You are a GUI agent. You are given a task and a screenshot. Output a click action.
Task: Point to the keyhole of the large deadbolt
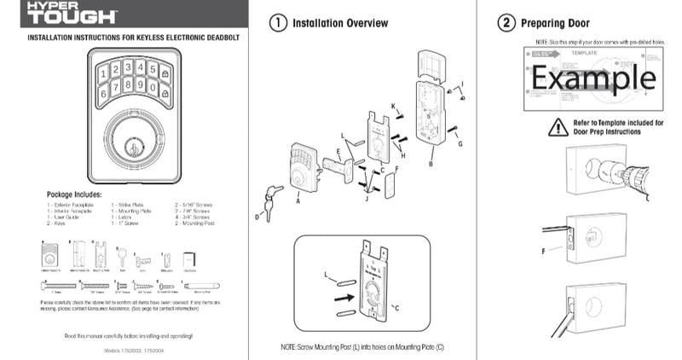click(x=132, y=147)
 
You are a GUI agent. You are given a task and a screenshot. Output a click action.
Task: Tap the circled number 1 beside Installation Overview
click(x=277, y=24)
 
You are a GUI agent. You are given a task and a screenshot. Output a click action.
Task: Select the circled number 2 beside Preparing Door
click(x=506, y=23)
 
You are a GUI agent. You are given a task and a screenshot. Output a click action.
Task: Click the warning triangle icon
click(x=558, y=127)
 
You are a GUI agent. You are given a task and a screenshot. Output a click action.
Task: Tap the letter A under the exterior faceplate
click(x=298, y=203)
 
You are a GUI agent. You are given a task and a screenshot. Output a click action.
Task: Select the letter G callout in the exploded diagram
click(x=460, y=144)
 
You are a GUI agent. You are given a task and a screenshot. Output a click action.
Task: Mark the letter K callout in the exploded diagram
click(x=393, y=105)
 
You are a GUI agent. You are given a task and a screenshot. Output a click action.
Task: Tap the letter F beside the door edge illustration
click(x=542, y=252)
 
